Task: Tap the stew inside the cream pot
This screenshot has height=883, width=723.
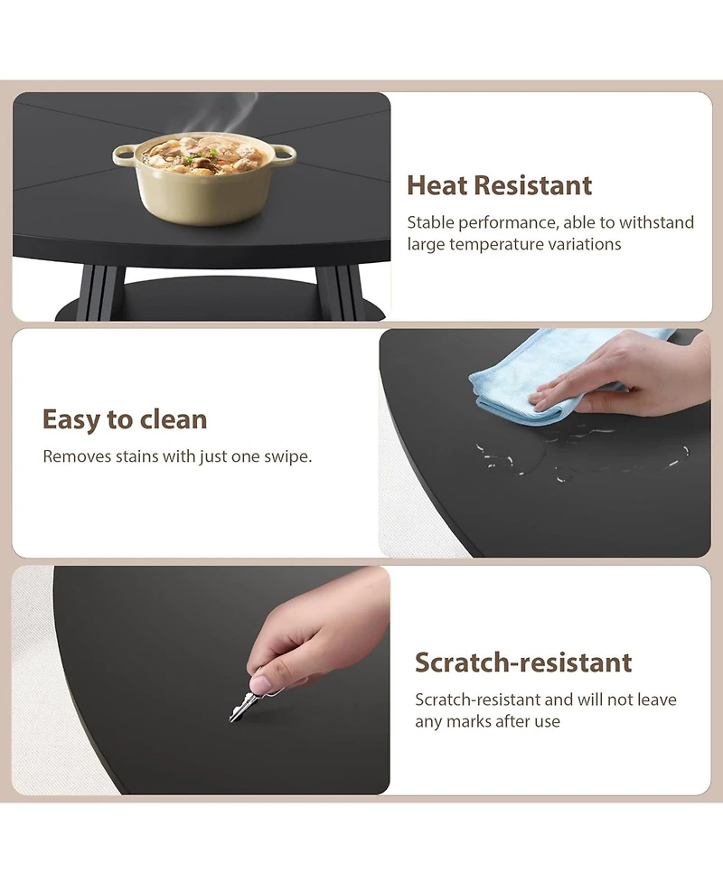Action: coord(204,154)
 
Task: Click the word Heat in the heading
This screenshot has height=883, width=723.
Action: coord(436,185)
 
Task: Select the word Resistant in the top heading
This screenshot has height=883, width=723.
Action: coord(532,185)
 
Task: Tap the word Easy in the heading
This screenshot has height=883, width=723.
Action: coord(71,420)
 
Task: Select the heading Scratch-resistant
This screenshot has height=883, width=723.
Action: coord(523,662)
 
